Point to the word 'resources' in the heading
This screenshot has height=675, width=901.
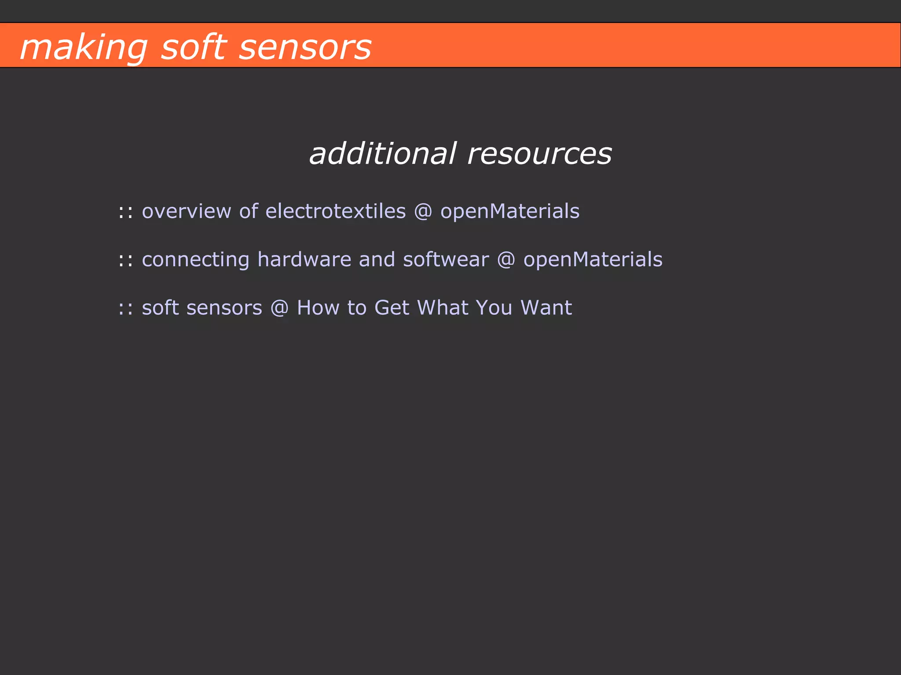(x=539, y=155)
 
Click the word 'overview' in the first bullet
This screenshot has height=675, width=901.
(x=186, y=211)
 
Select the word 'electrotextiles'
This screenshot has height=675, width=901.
(x=336, y=211)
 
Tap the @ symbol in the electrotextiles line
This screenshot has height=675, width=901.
(x=423, y=211)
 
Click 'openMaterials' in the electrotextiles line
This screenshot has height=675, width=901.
(x=510, y=211)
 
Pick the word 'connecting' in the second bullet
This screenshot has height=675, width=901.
(x=195, y=260)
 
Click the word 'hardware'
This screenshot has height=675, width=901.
(x=304, y=259)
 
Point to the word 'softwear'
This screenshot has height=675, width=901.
(x=446, y=259)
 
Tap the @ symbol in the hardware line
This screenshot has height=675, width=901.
(x=506, y=260)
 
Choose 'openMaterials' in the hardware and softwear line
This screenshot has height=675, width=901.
(x=593, y=260)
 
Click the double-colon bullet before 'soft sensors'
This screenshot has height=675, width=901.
(x=125, y=308)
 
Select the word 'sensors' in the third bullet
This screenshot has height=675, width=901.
(x=224, y=308)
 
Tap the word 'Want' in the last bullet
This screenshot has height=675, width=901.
(x=546, y=308)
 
